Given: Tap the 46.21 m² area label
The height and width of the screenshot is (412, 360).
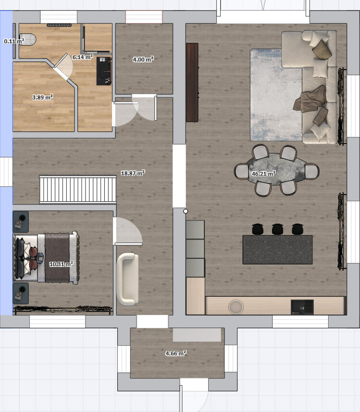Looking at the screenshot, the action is pos(263,173).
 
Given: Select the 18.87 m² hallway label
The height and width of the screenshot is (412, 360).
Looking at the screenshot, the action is pos(133,173).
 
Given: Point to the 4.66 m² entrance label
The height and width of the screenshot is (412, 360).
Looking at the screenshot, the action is pos(176,353).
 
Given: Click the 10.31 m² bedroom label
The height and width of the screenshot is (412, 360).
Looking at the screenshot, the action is pos(61,264).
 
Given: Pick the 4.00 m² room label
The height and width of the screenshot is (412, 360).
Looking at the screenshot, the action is pos(143,60).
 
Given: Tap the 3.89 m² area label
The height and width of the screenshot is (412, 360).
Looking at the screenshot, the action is pos(42,97).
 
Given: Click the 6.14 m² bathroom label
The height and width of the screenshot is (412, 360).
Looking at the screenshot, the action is pos(83,57).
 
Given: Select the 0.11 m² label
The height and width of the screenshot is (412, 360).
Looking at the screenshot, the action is pos(14,41).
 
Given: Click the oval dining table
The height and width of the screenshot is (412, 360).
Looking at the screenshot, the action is pos(277,170).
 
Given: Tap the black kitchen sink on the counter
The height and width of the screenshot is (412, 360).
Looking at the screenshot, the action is pos(302,307).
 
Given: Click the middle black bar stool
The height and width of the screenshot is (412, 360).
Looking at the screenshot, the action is pos(277,229).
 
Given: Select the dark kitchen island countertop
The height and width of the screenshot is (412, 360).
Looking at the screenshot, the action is pos(277,250).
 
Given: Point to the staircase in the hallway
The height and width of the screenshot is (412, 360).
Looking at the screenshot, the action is pos(78,190).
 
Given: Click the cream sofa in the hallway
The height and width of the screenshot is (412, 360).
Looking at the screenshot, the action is pos(127,279).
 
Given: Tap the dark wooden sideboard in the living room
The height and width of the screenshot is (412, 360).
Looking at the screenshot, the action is pos(192,83).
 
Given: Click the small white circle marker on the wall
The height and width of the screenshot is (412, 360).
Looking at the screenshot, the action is pos(186,211).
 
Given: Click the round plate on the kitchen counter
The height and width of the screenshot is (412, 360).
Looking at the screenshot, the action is pos(236,307).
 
